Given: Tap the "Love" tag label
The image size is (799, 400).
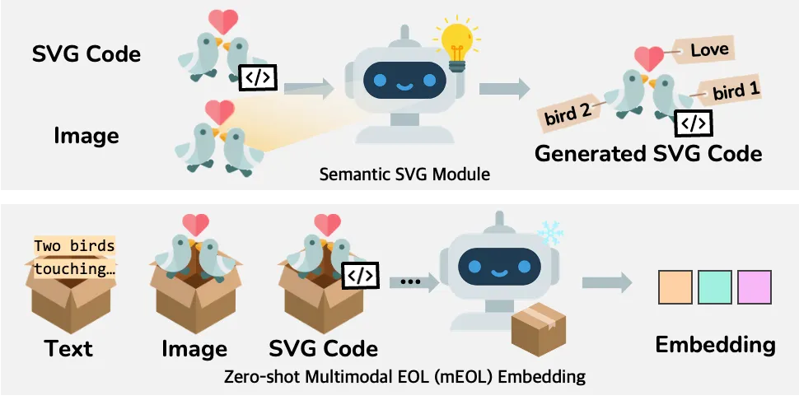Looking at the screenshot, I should click(709, 50).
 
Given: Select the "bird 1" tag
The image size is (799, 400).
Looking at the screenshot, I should click(734, 91).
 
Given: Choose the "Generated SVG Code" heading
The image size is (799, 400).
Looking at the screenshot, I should click(648, 154).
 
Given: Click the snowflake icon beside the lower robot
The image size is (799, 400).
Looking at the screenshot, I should click(549, 234).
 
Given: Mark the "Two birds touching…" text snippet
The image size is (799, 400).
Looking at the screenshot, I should click(74, 257).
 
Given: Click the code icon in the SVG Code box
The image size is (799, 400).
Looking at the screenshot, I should click(360, 273).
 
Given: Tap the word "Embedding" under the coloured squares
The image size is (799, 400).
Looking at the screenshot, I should click(715, 345).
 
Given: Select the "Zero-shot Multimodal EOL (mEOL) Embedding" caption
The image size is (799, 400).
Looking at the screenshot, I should click(404, 377).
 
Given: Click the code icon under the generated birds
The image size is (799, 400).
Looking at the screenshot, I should click(693, 123).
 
